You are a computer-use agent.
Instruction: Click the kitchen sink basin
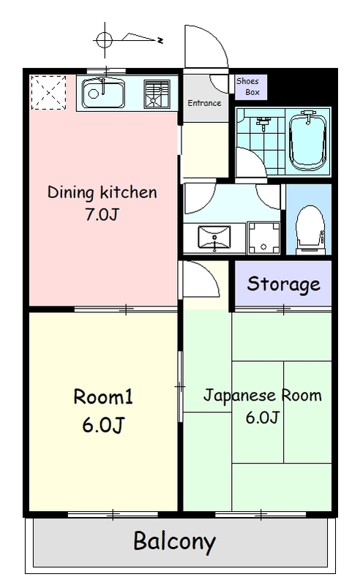pyautogui.click(x=103, y=94)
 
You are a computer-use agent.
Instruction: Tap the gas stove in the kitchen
pyautogui.click(x=157, y=94)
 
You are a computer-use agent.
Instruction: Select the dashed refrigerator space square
pyautogui.click(x=48, y=93)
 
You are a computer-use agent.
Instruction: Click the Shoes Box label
pyautogui.click(x=248, y=86)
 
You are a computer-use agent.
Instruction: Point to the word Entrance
pyautogui.click(x=204, y=103)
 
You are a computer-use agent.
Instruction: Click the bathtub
pyautogui.click(x=308, y=141)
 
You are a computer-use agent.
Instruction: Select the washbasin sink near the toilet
pyautogui.click(x=214, y=237)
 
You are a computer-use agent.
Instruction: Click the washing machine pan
pyautogui.click(x=263, y=238)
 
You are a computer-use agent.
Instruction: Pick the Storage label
pyautogui.click(x=283, y=284)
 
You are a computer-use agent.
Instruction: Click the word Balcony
pyautogui.click(x=175, y=541)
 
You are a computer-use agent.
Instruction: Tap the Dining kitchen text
pyautogui.click(x=102, y=192)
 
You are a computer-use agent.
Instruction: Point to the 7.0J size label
pyautogui.click(x=102, y=214)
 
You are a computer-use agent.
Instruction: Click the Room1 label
pyautogui.click(x=103, y=396)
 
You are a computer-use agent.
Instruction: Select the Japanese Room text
pyautogui.click(x=262, y=396)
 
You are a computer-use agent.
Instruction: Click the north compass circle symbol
pyautogui.click(x=104, y=40)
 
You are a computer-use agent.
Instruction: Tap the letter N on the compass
pyautogui.click(x=160, y=40)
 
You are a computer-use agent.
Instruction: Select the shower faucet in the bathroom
pyautogui.click(x=263, y=122)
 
